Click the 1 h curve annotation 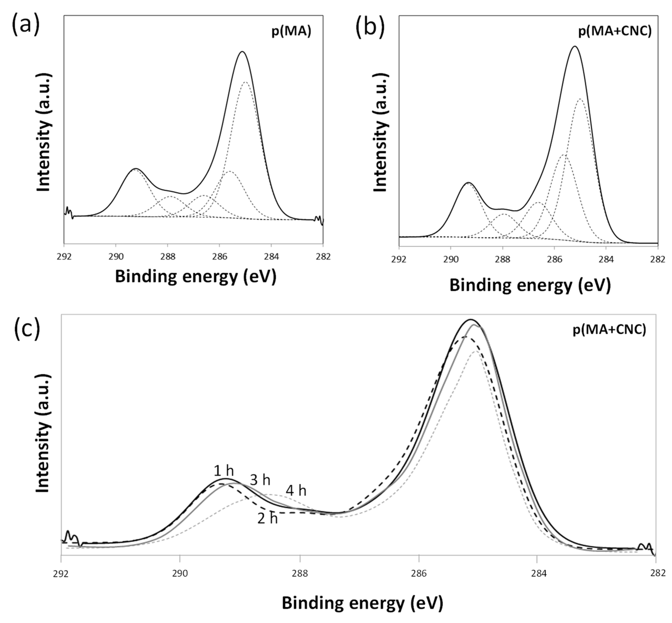(x=224, y=471)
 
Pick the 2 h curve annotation (x=267, y=518)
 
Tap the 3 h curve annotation (x=260, y=480)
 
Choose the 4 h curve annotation (x=296, y=491)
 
